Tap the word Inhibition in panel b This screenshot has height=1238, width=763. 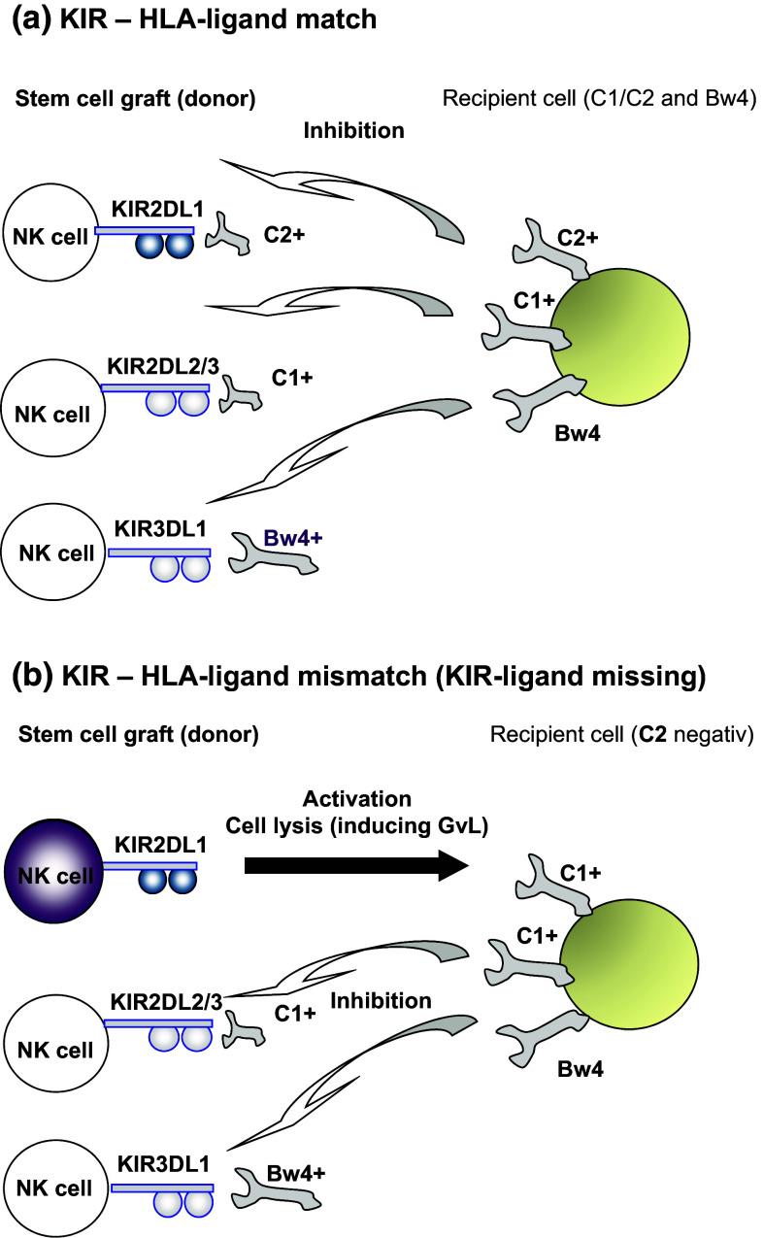392,1000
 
